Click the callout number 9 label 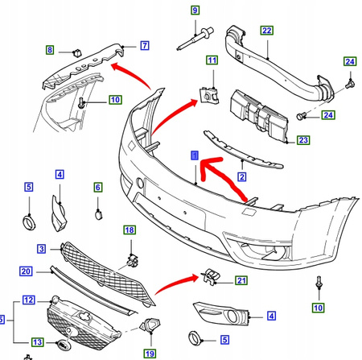[x=195, y=10]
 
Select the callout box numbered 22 [x=267, y=31]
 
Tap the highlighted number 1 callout [x=195, y=155]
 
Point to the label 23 [x=303, y=140]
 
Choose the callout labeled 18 [x=130, y=230]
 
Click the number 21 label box [x=241, y=280]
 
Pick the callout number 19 [x=150, y=354]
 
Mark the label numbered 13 [x=38, y=342]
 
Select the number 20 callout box [x=26, y=271]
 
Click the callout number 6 [x=98, y=187]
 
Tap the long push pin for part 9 [x=195, y=39]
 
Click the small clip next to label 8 [x=77, y=53]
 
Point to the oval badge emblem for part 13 [x=64, y=345]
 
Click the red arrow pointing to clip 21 [x=178, y=283]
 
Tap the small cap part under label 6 [x=98, y=215]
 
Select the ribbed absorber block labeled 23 [x=259, y=116]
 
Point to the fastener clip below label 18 [x=133, y=260]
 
